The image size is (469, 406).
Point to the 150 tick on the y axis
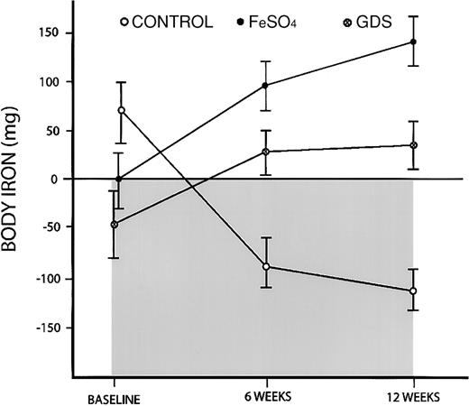[x=55, y=33]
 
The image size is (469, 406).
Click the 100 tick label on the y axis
[x=55, y=82]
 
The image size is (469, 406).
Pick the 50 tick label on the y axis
[x=59, y=131]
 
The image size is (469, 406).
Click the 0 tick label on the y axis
[x=62, y=180]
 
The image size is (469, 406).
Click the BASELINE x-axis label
[x=112, y=397]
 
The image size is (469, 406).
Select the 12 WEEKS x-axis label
[x=412, y=397]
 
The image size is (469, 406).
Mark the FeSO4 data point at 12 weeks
[x=413, y=42]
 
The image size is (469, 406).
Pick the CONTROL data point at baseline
[x=121, y=110]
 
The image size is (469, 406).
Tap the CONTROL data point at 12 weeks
[x=413, y=291]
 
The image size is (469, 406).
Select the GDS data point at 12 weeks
[x=413, y=145]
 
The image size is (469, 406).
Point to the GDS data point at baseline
[x=114, y=225]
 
